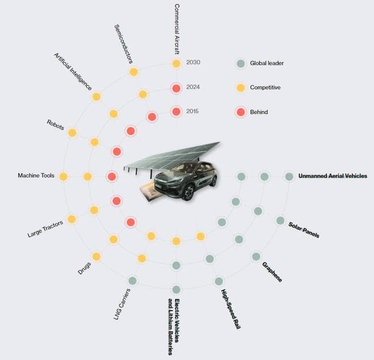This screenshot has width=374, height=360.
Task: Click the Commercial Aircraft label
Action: pyautogui.click(x=177, y=27)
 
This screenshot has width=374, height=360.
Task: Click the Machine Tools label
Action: pyautogui.click(x=36, y=176)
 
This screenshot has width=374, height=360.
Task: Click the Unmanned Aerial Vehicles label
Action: pyautogui.click(x=333, y=176)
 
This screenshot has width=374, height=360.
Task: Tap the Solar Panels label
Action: pyautogui.click(x=304, y=230)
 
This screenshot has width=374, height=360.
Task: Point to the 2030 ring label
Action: pyautogui.click(x=193, y=62)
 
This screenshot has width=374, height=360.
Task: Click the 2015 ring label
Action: pyautogui.click(x=193, y=111)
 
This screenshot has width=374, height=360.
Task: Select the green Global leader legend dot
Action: pyautogui.click(x=240, y=63)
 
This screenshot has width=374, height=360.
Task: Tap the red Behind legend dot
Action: pyautogui.click(x=240, y=112)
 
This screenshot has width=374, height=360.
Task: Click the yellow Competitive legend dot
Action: pyautogui.click(x=240, y=87)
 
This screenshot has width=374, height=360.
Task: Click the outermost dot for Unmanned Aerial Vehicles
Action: pyautogui.click(x=289, y=176)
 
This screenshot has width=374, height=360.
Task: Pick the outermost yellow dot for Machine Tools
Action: pyautogui.click(x=63, y=176)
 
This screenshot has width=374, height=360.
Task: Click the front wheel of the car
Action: pyautogui.click(x=187, y=193)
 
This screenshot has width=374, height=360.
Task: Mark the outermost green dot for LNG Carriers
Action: pyautogui.click(x=132, y=280)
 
